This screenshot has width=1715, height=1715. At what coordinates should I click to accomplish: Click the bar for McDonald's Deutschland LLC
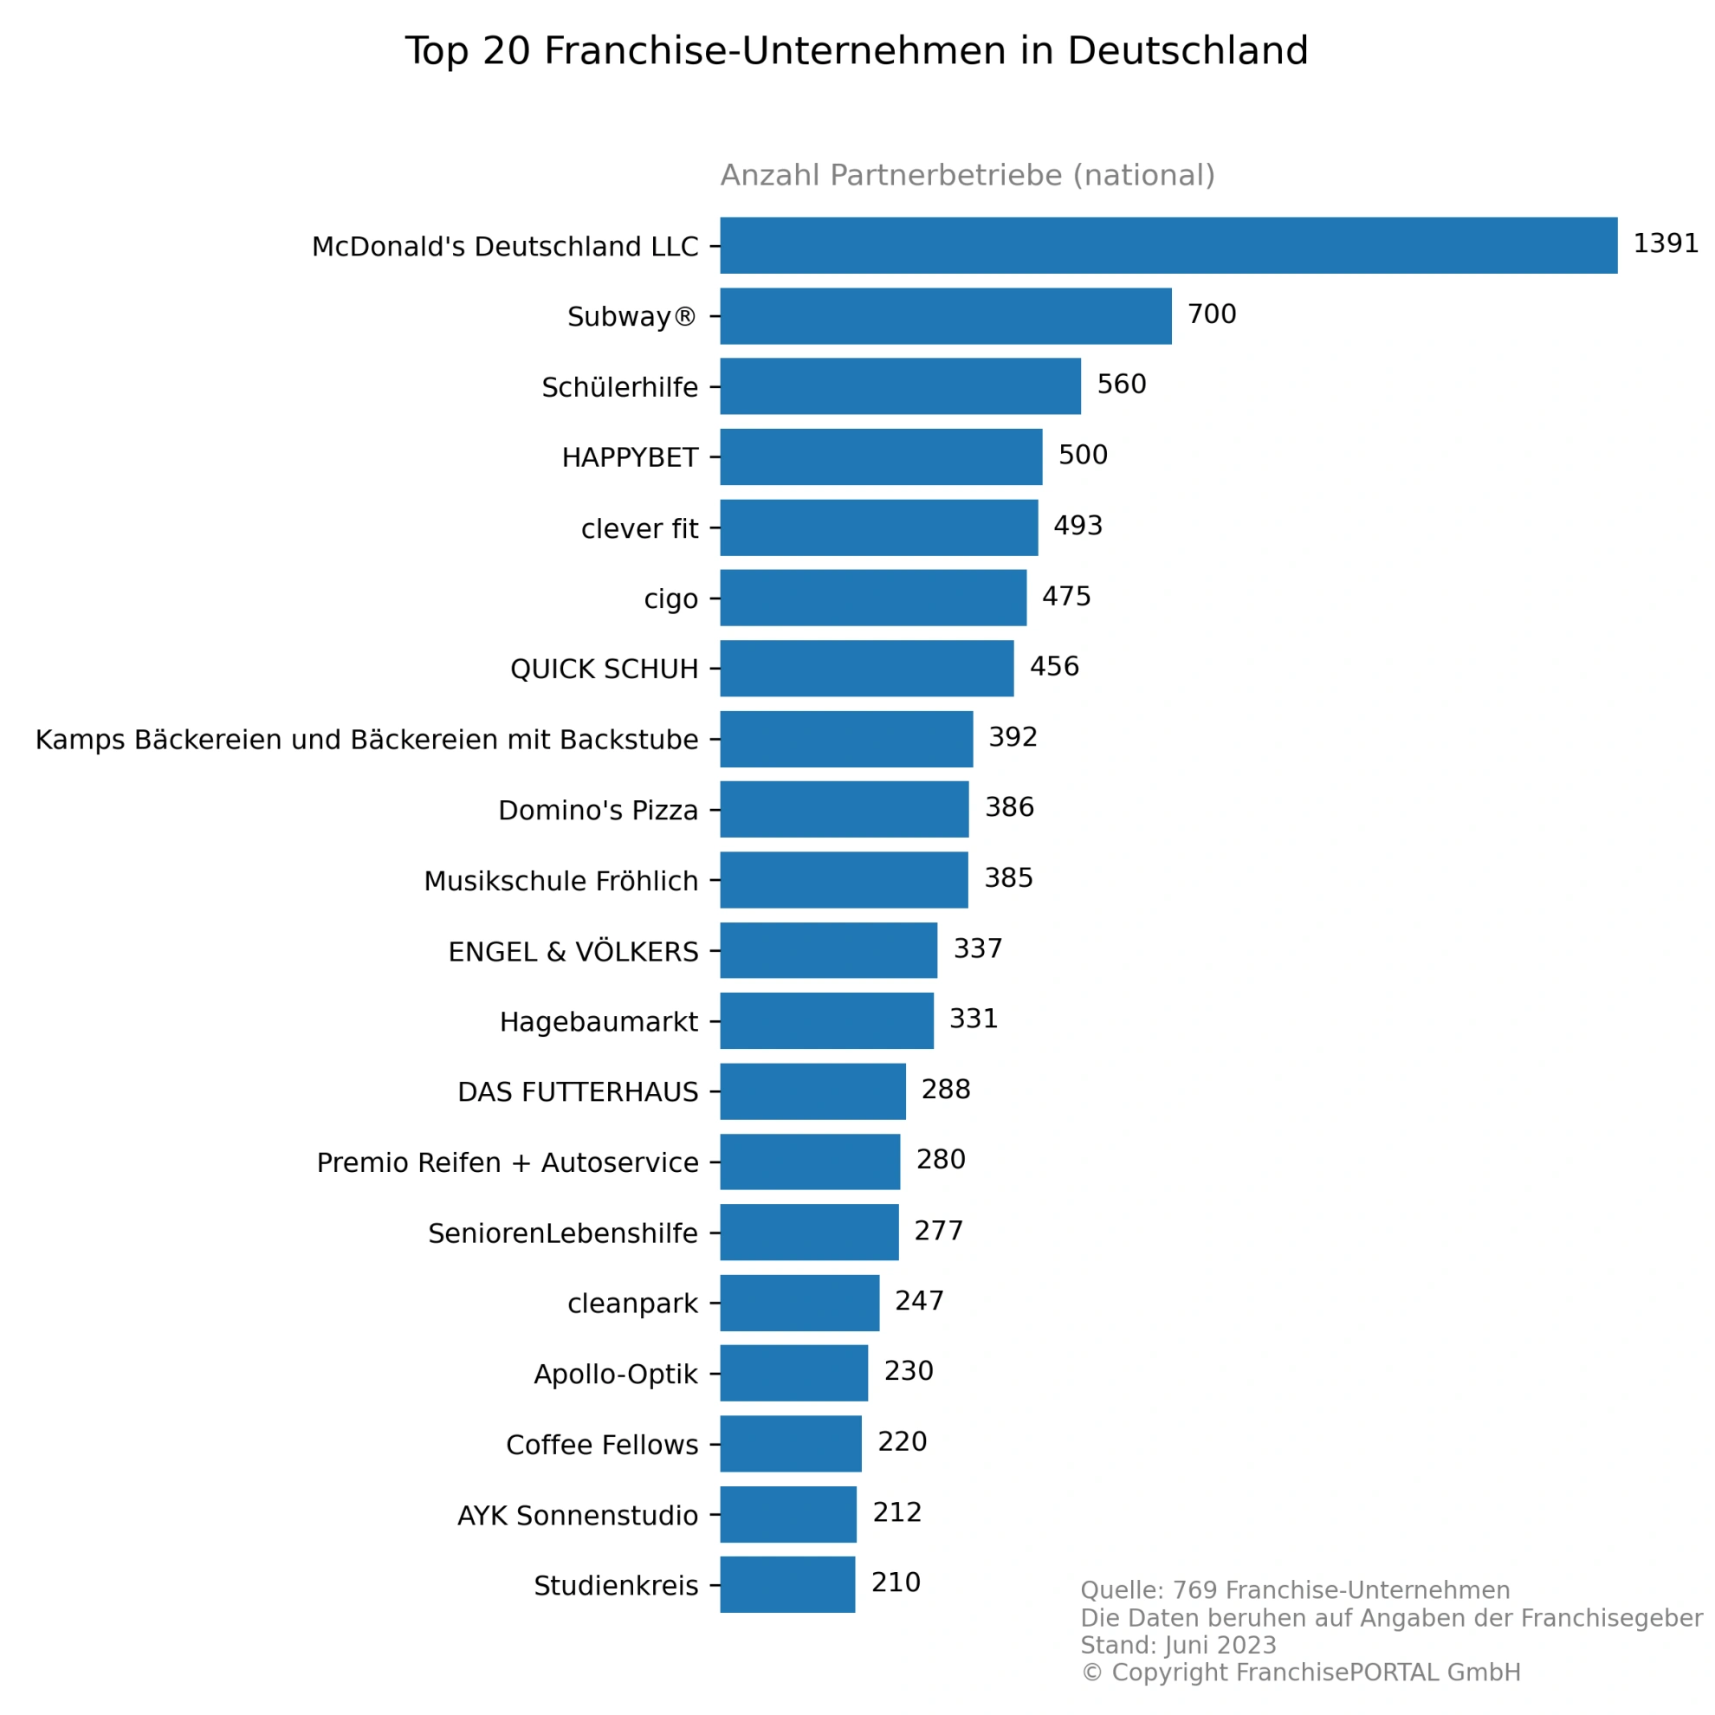tap(1168, 245)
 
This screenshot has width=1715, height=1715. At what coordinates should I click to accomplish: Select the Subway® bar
tap(945, 316)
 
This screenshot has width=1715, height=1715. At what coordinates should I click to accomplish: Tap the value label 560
tap(1121, 385)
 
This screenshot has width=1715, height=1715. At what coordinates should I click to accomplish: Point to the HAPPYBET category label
tap(630, 458)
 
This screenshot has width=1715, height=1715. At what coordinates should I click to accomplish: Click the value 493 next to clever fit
tap(1078, 526)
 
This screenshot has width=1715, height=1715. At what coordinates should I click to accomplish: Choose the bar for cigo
tap(872, 598)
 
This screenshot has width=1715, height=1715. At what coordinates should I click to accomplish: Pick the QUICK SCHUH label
tap(604, 670)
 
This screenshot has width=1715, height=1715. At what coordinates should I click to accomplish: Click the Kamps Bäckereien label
tap(366, 740)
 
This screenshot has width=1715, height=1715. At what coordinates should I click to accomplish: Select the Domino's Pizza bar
tap(845, 810)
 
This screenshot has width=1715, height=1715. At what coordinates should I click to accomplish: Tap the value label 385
tap(1008, 878)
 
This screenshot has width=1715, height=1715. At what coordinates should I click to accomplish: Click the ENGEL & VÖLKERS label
tap(573, 952)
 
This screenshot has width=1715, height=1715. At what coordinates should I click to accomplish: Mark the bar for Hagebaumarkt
tap(826, 1021)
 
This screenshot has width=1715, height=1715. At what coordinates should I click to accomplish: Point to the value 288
tap(945, 1089)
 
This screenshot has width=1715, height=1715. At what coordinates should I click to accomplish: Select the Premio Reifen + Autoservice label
tap(507, 1163)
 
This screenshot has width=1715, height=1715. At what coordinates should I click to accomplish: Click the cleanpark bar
tap(799, 1303)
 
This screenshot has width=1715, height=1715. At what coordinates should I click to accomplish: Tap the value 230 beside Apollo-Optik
tap(908, 1371)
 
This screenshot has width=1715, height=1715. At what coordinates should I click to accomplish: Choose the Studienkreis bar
tap(787, 1584)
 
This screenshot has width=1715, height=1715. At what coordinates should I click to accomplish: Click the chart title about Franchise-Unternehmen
tap(857, 50)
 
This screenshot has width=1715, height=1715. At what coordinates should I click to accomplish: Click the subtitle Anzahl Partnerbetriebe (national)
tap(968, 175)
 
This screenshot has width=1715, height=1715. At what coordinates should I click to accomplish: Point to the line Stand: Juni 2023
tap(1178, 1645)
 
